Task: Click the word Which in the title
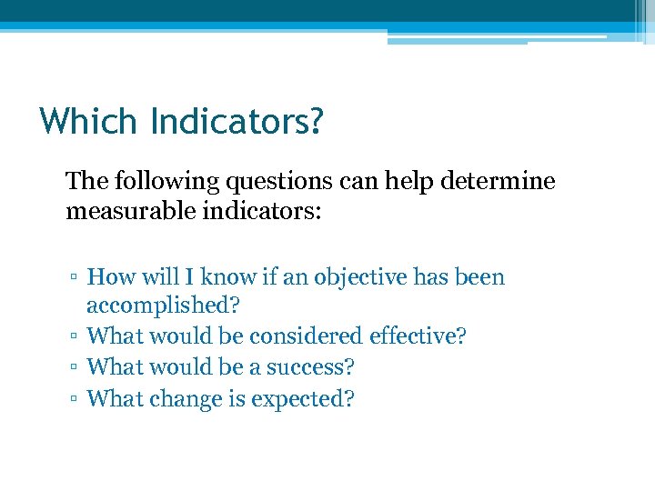point(87,121)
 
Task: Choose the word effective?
point(418,336)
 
